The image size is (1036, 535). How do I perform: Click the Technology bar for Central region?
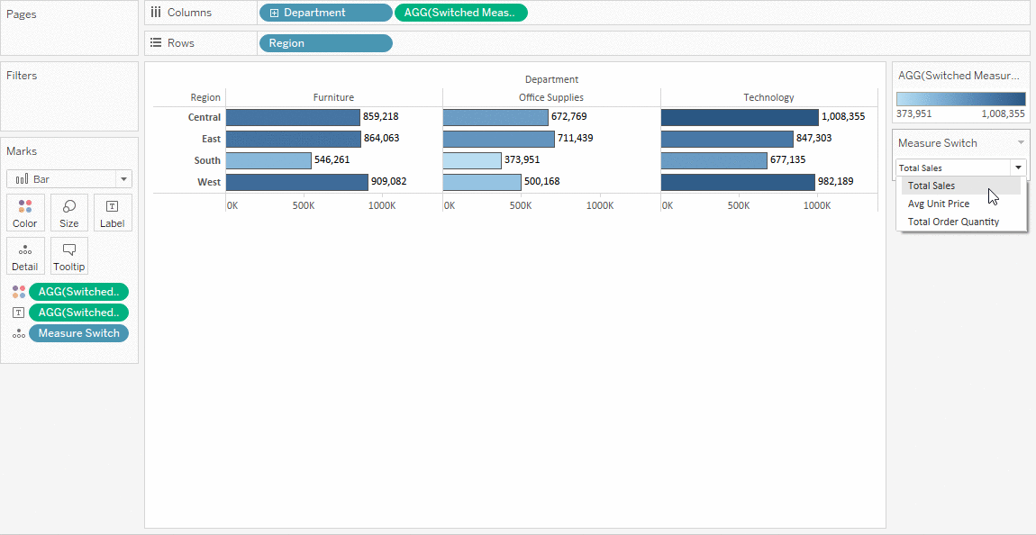coord(739,117)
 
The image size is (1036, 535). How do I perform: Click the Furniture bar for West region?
coord(296,182)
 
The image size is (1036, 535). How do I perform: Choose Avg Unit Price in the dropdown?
coord(938,204)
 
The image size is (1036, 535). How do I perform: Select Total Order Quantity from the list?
coord(953,222)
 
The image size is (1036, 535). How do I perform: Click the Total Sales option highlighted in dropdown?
coord(931,186)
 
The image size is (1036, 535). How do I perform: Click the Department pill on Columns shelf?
coord(325,13)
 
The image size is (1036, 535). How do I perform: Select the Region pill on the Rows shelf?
coord(325,43)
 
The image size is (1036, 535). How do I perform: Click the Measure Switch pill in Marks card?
coord(78,333)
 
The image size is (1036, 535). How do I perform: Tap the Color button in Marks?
coord(25,213)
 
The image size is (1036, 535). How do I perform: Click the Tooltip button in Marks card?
coord(68,257)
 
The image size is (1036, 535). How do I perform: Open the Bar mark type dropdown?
coord(69,179)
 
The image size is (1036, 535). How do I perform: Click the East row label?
coord(211,139)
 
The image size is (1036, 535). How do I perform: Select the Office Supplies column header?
coord(551,97)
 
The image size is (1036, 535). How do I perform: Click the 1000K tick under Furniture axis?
coord(381,205)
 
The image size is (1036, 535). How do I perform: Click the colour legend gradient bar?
coord(960,99)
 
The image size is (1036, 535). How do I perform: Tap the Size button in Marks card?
coord(68,213)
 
